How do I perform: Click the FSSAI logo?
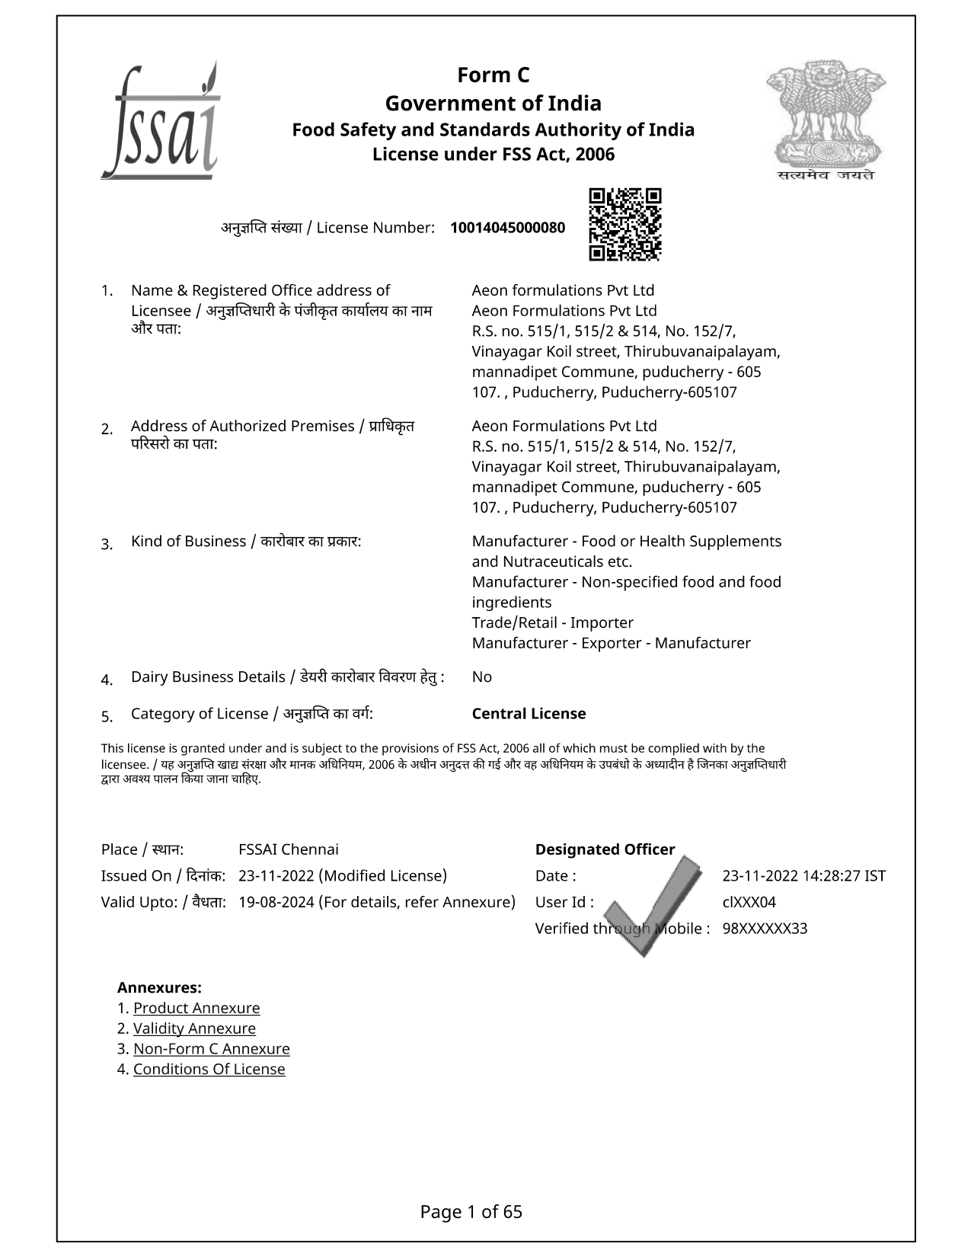[x=161, y=122]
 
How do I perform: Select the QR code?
[x=625, y=224]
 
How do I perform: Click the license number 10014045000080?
[x=508, y=228]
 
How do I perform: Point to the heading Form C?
[x=493, y=75]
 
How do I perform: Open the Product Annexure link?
[x=196, y=1008]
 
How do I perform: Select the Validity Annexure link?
[x=194, y=1028]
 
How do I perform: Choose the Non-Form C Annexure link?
[x=211, y=1049]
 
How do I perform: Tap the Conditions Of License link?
[x=209, y=1069]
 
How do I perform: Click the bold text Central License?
[x=529, y=714]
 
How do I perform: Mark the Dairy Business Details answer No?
[x=482, y=677]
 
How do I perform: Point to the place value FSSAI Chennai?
[x=289, y=849]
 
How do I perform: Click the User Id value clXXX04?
[x=749, y=903]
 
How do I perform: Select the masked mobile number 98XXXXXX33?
[x=765, y=929]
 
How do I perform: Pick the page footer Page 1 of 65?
[x=471, y=1212]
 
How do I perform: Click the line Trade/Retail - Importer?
[x=552, y=622]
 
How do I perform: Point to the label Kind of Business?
[x=188, y=542]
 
